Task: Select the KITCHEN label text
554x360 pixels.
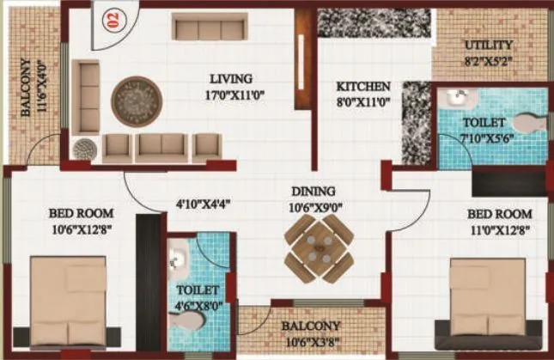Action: coord(363,87)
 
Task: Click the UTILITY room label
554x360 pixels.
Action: coord(488,45)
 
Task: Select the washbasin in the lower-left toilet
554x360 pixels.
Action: coord(177,255)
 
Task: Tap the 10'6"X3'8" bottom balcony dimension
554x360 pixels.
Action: coord(309,341)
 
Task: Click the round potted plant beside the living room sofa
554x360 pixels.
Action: coord(85,149)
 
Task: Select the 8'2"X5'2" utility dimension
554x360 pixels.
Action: coord(488,61)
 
